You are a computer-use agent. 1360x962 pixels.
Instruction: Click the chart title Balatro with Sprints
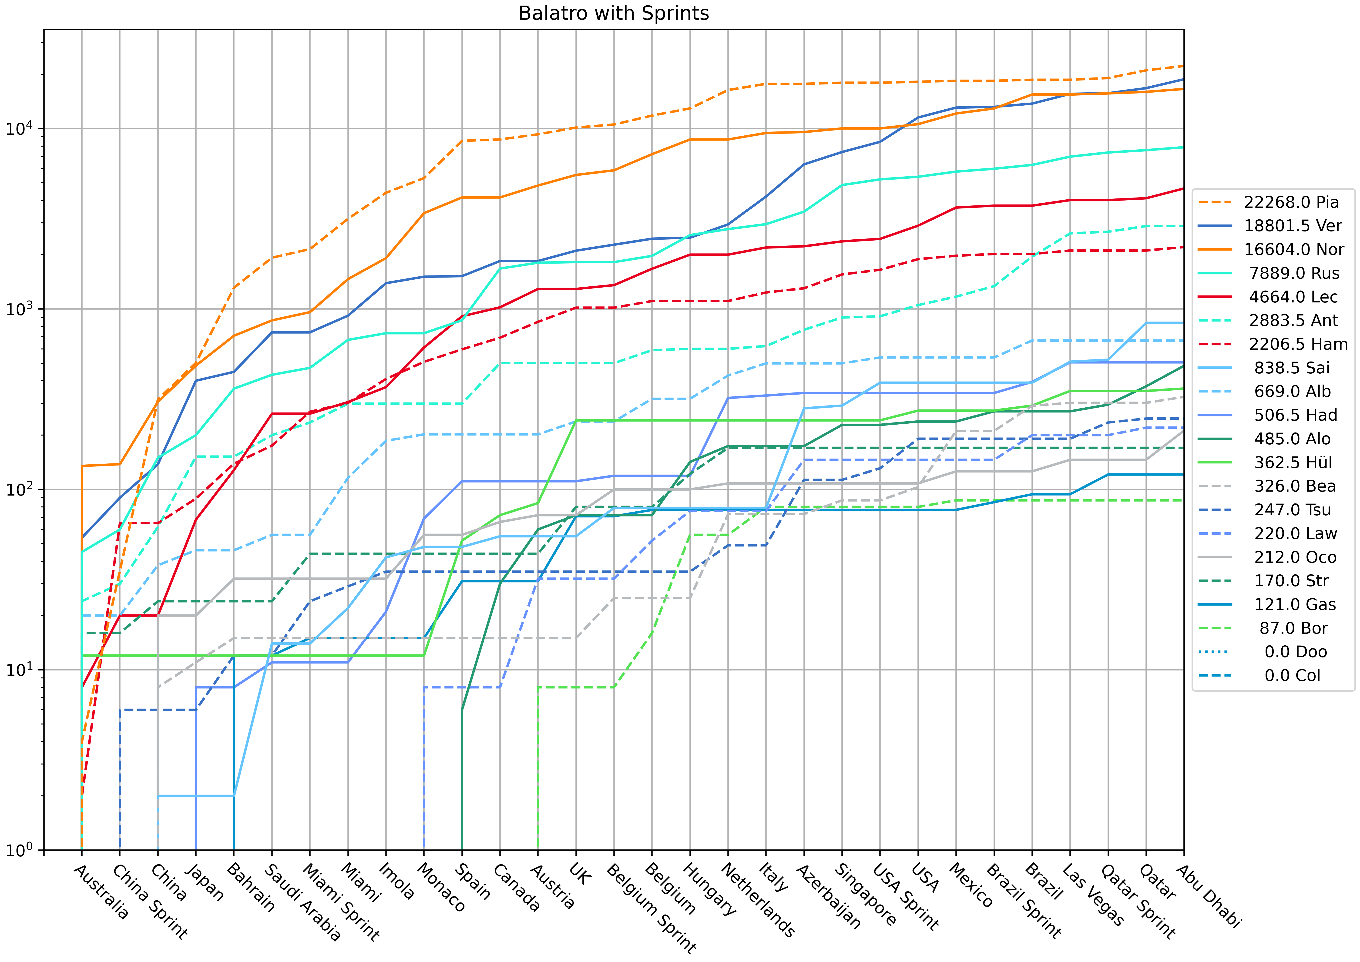[x=614, y=13]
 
